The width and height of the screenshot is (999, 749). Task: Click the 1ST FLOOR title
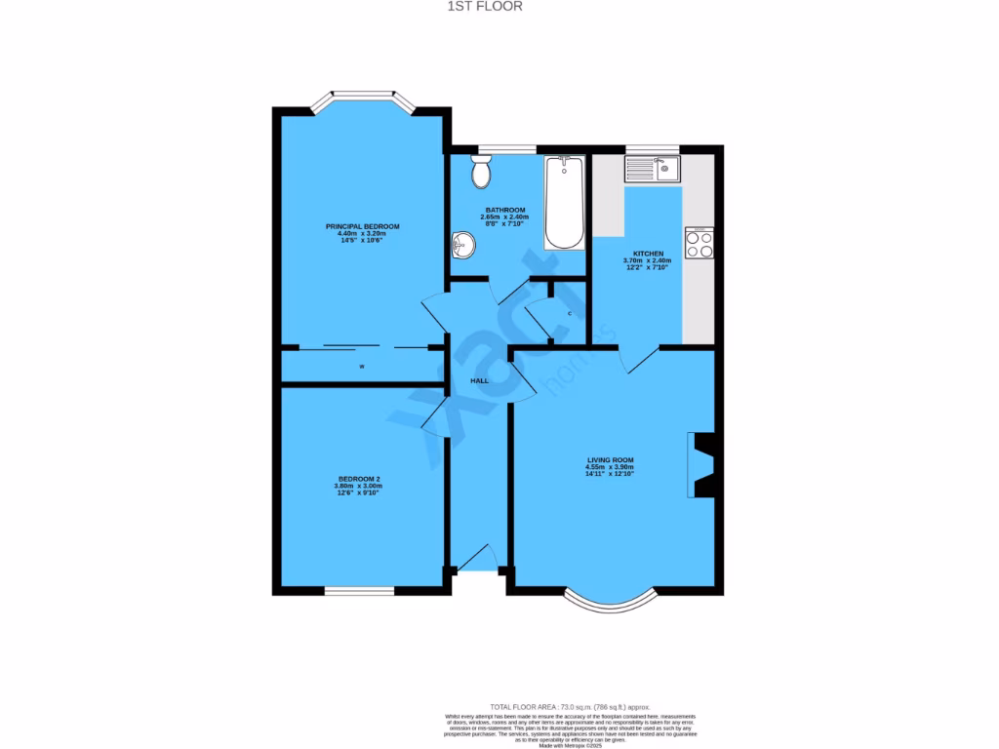[x=499, y=6]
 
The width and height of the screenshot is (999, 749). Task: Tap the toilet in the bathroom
[x=480, y=173]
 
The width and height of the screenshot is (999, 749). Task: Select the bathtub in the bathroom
[x=563, y=202]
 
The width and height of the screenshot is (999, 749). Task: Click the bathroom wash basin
[x=462, y=246]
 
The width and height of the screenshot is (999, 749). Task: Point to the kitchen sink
[x=653, y=170]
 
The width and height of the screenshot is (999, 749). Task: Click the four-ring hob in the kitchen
[x=699, y=242]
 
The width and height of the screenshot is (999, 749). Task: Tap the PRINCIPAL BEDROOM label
[x=362, y=226]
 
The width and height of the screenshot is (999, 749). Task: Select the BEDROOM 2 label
[x=358, y=479]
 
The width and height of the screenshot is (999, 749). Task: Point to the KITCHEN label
[x=648, y=254]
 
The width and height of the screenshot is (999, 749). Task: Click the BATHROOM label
[x=505, y=210]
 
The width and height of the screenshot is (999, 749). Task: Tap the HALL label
[x=479, y=380]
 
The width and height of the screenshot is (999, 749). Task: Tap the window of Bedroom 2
[x=359, y=591]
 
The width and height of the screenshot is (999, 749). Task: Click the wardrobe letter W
[x=362, y=367]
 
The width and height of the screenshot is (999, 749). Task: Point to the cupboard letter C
[x=569, y=313]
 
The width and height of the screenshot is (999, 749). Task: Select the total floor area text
[x=570, y=706]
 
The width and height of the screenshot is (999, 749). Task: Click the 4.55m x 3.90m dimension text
[x=611, y=467]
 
